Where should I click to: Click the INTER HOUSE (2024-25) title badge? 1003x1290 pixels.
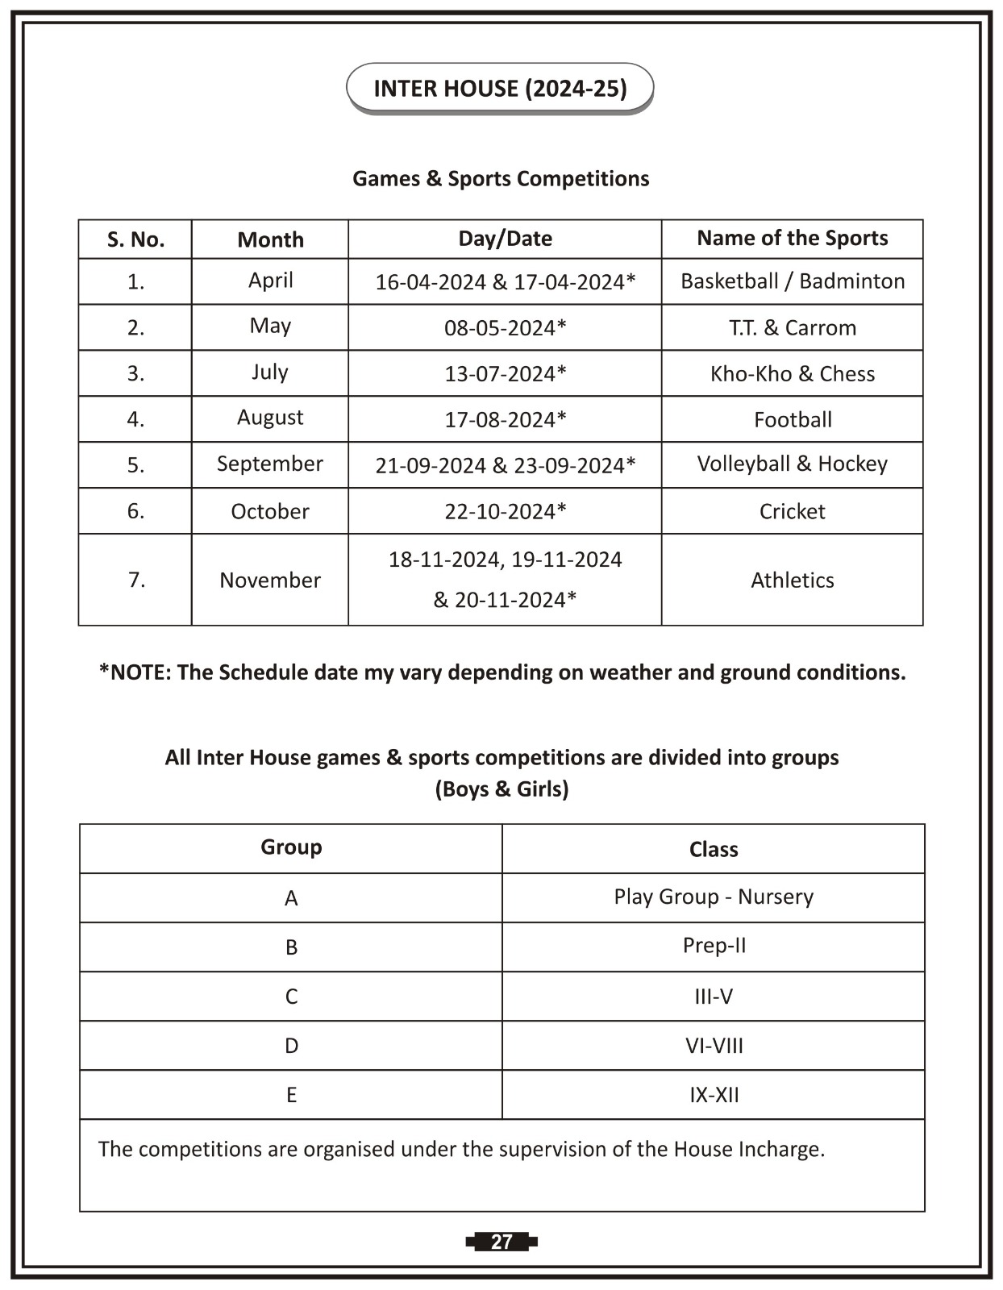(500, 88)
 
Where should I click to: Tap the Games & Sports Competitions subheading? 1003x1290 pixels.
(501, 178)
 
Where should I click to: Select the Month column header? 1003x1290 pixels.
(270, 239)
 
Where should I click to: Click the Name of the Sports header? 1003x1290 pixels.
(792, 238)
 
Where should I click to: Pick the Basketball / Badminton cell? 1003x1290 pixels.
(792, 281)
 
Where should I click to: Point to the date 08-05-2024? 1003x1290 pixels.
(505, 327)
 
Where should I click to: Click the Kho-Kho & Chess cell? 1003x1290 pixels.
(792, 373)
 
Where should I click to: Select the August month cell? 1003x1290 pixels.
(270, 418)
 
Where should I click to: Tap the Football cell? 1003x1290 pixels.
(792, 419)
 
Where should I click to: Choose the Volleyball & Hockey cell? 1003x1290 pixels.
(792, 464)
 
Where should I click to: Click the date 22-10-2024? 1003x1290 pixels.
(505, 511)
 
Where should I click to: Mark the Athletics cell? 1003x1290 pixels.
(792, 580)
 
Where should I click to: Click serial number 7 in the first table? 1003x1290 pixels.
(136, 580)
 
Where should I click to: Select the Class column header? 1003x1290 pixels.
(714, 849)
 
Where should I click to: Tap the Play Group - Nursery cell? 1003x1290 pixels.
(714, 897)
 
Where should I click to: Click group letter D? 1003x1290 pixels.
(291, 1046)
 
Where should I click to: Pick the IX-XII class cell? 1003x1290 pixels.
(714, 1095)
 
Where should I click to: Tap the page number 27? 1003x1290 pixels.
(501, 1242)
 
